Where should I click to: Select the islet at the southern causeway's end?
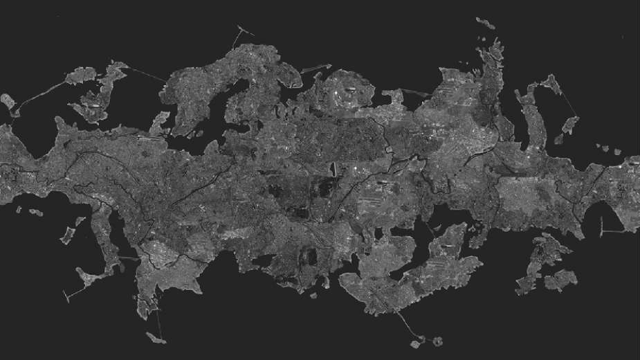tap(416, 343)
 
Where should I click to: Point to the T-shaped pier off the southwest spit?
tap(69, 294)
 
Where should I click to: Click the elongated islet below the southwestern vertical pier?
tap(156, 338)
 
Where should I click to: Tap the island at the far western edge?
tap(8, 102)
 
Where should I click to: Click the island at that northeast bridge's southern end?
tap(571, 125)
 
